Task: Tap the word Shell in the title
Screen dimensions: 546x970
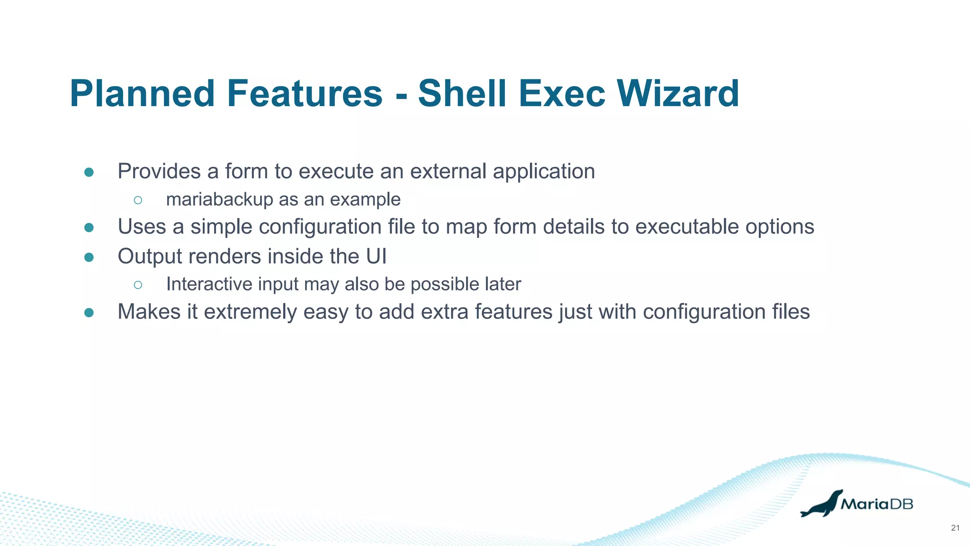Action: [461, 93]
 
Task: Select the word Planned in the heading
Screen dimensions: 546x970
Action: [143, 93]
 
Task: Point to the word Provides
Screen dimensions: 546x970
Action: [159, 172]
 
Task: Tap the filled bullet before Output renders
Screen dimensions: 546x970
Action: [89, 257]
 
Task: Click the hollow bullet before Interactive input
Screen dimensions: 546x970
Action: [138, 284]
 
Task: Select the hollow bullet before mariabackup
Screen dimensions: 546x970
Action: [138, 200]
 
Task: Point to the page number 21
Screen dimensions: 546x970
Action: [955, 528]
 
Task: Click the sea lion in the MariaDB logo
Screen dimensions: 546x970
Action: [821, 505]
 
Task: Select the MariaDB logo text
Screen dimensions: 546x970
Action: [877, 504]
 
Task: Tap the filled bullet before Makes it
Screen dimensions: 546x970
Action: [89, 313]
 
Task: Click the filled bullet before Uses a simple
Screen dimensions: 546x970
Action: [89, 227]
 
